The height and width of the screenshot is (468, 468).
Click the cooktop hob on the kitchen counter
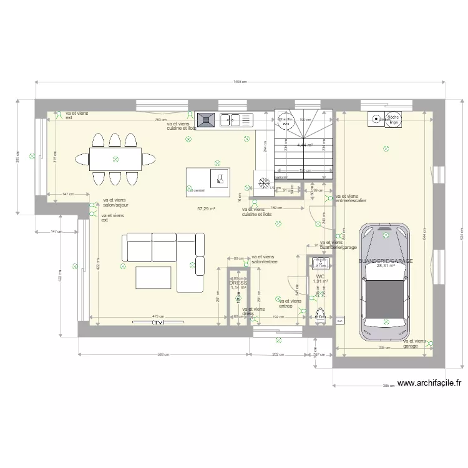pyautogui.click(x=206, y=119)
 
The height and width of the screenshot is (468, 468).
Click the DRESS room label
pyautogui.click(x=238, y=283)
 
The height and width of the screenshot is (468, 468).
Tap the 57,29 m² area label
pyautogui.click(x=206, y=209)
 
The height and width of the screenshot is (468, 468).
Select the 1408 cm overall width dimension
pyautogui.click(x=240, y=81)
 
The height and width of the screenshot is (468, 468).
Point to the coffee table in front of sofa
pyautogui.click(x=154, y=276)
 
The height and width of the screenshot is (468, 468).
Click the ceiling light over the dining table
pyautogui.click(x=115, y=160)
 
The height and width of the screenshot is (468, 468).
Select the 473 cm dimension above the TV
pyautogui.click(x=158, y=316)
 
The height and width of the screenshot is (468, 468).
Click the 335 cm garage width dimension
pyautogui.click(x=384, y=348)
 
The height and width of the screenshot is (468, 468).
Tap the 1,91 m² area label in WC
pyautogui.click(x=320, y=281)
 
